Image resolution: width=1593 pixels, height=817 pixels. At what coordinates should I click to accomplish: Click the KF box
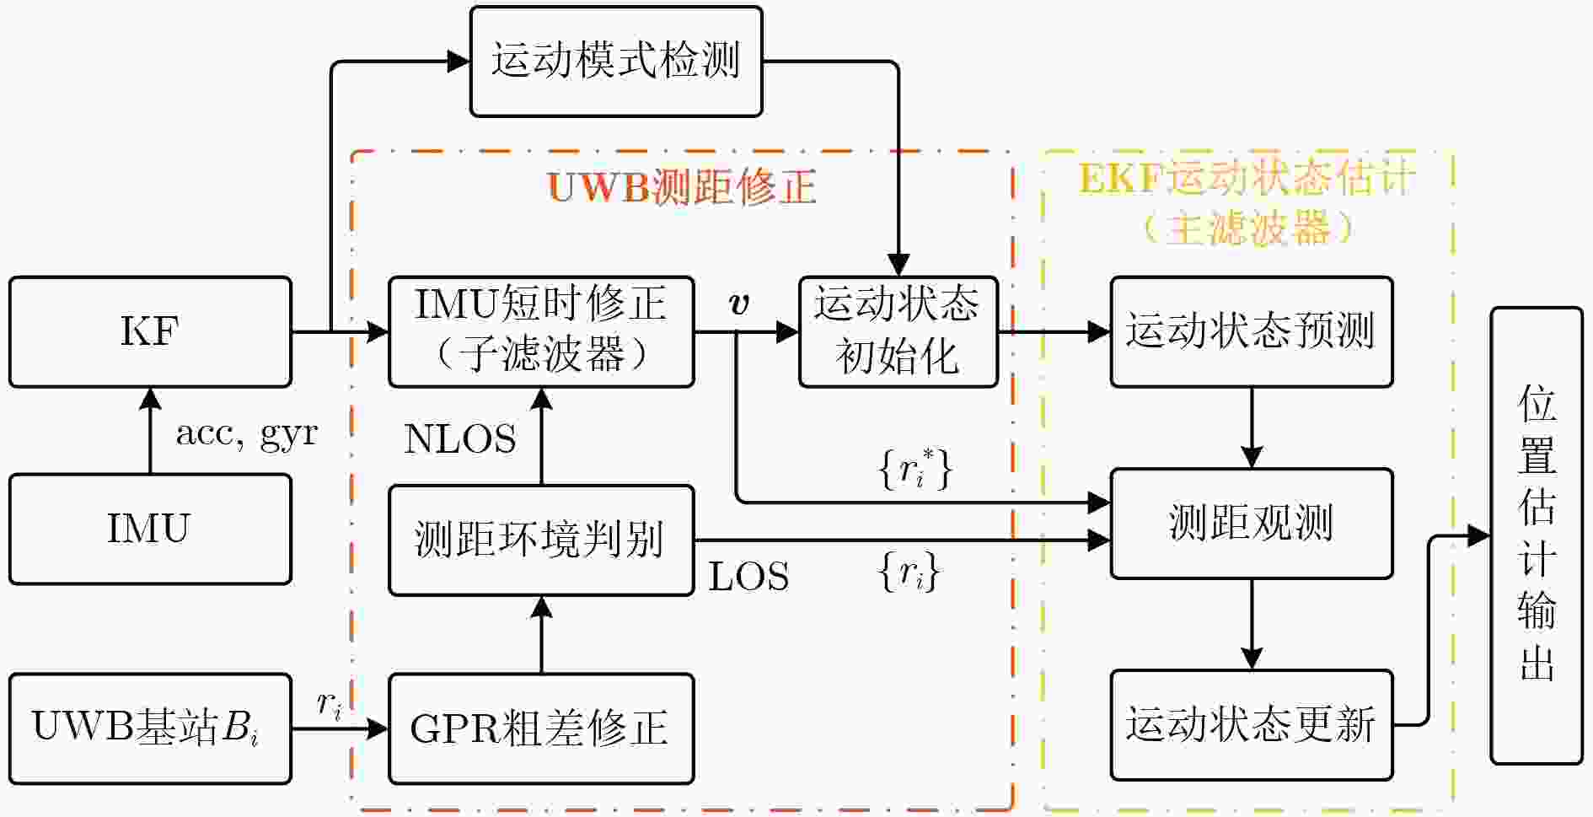150,332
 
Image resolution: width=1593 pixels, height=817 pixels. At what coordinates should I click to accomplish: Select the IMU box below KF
150,529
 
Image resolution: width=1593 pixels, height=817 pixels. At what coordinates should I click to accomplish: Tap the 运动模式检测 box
616,62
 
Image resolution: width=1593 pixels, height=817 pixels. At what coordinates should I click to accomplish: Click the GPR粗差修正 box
541,728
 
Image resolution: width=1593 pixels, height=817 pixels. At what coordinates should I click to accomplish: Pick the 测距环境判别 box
541,540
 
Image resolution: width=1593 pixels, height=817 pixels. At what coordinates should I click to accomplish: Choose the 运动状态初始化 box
898,332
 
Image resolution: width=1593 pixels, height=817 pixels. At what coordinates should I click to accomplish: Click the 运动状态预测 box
1252,332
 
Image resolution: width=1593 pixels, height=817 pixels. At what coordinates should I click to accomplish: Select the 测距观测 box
1252,524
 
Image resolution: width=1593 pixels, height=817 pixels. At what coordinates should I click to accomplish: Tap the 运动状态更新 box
1252,725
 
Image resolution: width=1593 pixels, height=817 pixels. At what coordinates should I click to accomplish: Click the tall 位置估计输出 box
1537,535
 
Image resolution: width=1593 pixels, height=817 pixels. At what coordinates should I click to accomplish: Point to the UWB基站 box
150,728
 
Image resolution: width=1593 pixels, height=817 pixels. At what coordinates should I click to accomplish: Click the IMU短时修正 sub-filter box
541,332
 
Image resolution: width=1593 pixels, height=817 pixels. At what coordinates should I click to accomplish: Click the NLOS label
460,439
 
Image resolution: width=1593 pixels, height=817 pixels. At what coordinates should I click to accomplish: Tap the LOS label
748,577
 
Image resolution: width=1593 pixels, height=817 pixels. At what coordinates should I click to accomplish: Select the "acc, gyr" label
246,434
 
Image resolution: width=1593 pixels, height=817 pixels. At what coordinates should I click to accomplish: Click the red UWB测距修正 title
682,186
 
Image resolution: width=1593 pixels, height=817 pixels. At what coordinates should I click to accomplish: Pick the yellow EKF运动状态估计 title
1247,179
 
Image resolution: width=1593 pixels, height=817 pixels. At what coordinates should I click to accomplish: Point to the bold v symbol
739,304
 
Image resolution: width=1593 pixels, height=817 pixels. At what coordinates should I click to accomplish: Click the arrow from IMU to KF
150,431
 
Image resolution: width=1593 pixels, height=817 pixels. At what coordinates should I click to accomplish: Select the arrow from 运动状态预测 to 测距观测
1252,428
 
